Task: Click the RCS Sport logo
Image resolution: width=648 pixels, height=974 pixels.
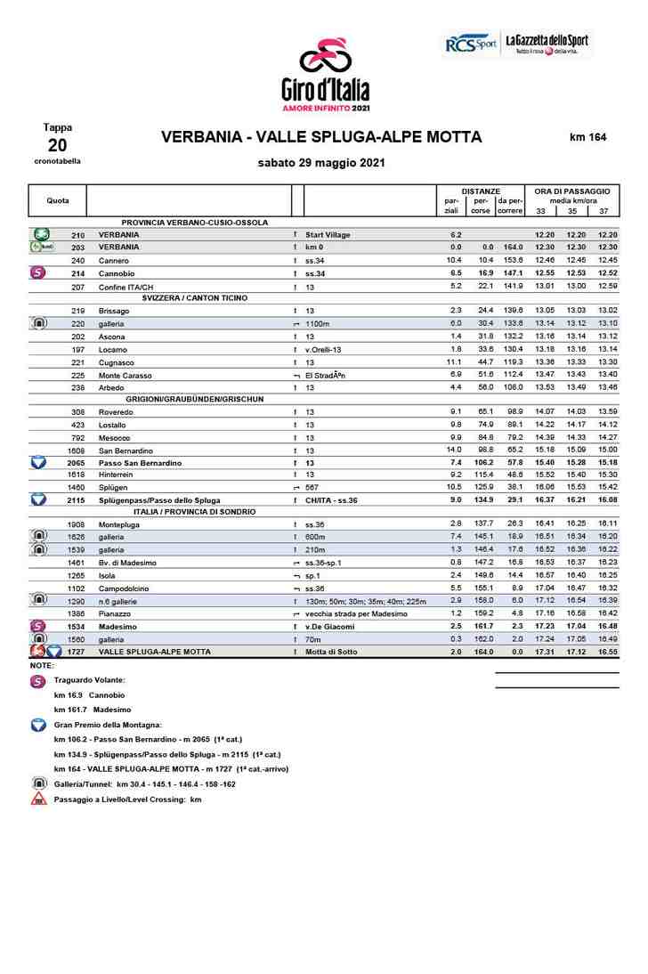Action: pos(471,44)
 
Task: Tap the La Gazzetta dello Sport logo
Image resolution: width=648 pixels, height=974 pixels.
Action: pos(547,44)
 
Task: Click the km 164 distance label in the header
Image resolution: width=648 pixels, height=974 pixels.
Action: pos(587,137)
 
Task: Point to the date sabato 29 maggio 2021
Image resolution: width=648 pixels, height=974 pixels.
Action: pos(321,163)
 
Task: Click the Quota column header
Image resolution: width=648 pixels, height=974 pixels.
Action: pos(58,200)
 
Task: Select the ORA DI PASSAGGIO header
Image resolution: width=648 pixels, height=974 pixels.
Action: pos(571,191)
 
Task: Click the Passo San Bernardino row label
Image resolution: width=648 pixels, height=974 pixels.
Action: pos(140,463)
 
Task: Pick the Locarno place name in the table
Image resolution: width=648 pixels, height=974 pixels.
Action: pos(112,350)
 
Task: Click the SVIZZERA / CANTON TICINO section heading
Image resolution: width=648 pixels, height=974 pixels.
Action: pos(195,297)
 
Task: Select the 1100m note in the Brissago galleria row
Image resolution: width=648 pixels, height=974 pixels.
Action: pos(318,324)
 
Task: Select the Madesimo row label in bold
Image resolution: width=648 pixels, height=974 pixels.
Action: pos(117,627)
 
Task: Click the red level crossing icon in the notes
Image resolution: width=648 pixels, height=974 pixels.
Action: pos(39,799)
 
